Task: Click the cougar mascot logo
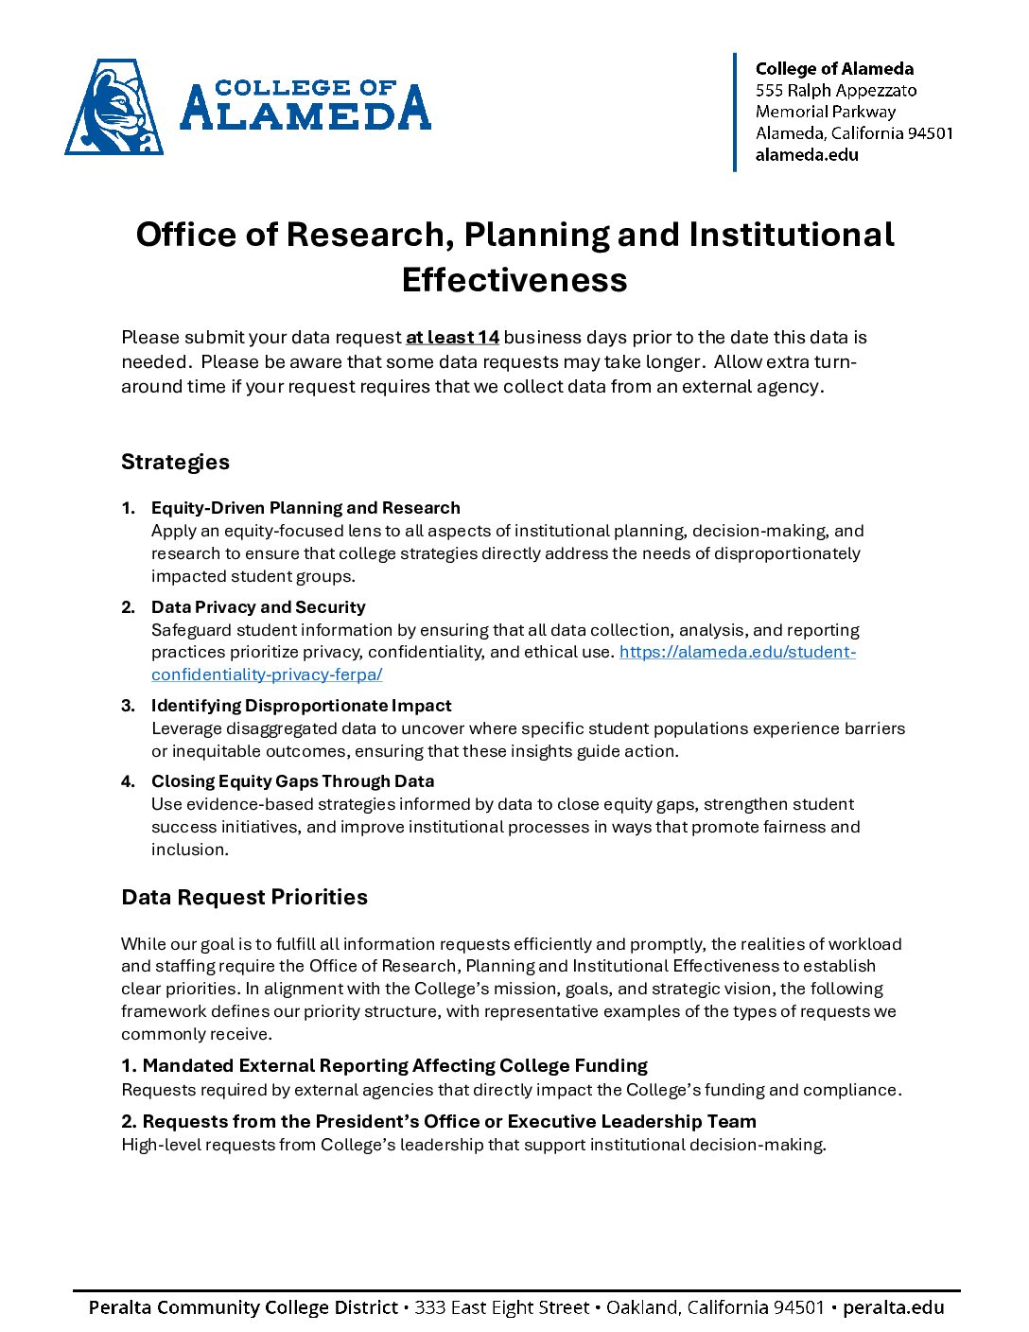(114, 107)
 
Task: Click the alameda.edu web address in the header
(807, 155)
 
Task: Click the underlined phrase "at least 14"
(452, 338)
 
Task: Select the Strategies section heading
(175, 462)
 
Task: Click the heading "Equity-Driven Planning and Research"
(305, 508)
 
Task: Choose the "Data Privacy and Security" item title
(258, 607)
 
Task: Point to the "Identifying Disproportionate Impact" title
(301, 706)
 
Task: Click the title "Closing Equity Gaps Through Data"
(292, 781)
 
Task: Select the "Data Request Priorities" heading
(244, 897)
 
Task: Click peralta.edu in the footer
(893, 1307)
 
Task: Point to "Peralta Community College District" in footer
(243, 1307)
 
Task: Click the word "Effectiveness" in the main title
(514, 280)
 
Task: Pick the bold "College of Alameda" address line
(834, 69)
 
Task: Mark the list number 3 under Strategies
(128, 706)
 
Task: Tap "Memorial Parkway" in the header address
(825, 112)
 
